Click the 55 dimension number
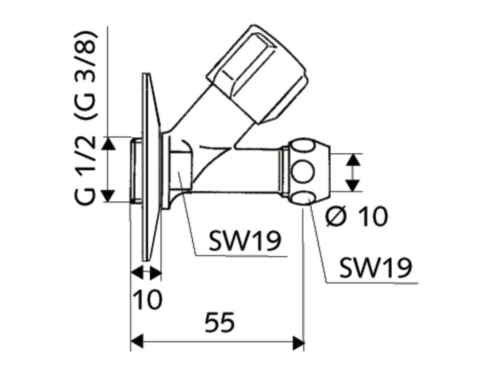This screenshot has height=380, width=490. click(219, 322)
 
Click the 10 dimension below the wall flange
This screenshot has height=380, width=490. click(148, 299)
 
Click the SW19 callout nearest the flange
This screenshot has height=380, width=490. click(244, 241)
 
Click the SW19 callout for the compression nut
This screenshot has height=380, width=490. click(375, 268)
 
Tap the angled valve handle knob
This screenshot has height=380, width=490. click(257, 73)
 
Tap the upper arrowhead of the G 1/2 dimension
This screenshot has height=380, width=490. click(108, 143)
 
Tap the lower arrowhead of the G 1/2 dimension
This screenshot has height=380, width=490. click(108, 195)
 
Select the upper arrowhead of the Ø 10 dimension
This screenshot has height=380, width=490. click(352, 159)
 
